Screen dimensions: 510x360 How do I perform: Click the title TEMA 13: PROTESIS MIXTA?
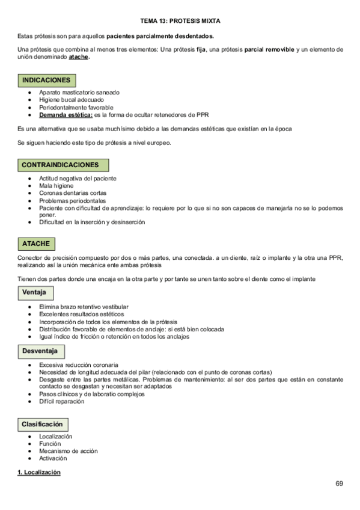[x=180, y=20]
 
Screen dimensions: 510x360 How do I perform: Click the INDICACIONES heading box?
[x=46, y=80]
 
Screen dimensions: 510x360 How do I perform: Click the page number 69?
[x=340, y=484]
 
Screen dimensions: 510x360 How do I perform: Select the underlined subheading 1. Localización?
[x=39, y=473]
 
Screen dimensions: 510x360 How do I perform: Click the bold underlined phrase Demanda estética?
[x=66, y=114]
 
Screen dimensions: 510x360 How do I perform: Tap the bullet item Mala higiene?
[x=56, y=186]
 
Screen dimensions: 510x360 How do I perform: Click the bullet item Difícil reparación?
[x=62, y=401]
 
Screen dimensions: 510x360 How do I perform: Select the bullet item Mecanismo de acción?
[x=68, y=451]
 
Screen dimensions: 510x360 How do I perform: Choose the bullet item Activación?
[x=54, y=458]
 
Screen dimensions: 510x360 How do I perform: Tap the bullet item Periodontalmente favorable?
[x=76, y=107]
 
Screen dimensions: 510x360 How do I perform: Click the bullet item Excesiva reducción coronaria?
[x=78, y=365]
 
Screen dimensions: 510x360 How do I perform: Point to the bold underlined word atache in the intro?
[x=79, y=58]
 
